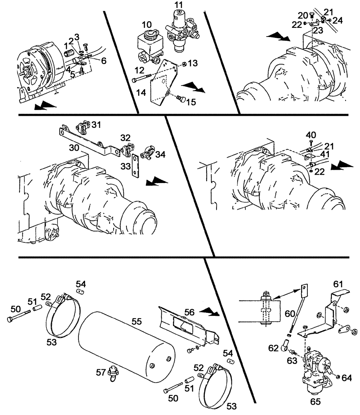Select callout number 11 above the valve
[x=178, y=5]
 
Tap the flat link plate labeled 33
[x=134, y=166]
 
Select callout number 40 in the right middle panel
[x=311, y=135]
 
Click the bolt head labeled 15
[x=180, y=99]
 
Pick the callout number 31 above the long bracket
[x=96, y=124]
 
